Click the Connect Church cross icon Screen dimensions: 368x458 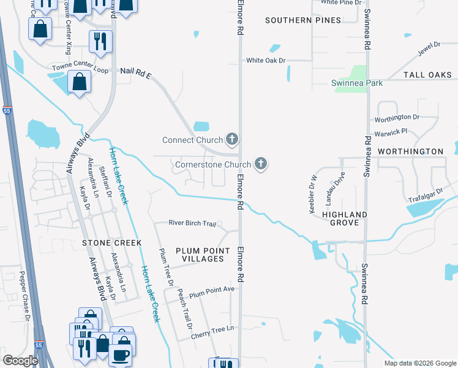click(231, 140)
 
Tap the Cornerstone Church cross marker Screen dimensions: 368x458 click(261, 164)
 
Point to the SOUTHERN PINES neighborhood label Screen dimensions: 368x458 click(302, 20)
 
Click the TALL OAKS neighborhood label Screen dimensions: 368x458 click(427, 75)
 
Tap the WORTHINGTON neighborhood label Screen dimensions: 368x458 click(410, 151)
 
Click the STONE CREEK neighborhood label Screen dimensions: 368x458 click(108, 243)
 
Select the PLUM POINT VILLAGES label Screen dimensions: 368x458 click(199, 255)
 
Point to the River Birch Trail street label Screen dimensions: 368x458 click(192, 223)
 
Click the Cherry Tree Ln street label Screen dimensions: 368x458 click(212, 329)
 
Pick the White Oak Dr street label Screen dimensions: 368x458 click(266, 60)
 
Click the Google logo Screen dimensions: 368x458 click(21, 361)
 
